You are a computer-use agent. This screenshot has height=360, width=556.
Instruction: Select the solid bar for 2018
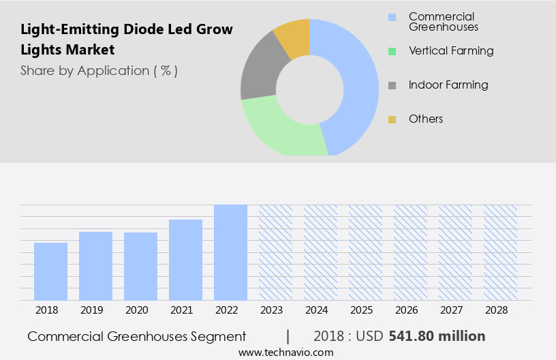click(50, 271)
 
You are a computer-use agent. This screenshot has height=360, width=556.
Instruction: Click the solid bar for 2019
click(95, 266)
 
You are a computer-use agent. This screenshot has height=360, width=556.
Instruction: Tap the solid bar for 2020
click(140, 266)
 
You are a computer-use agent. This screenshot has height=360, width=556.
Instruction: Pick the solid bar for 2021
click(185, 260)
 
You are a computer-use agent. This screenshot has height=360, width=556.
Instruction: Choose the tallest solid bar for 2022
click(230, 252)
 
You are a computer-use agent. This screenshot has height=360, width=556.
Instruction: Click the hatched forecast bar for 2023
click(275, 252)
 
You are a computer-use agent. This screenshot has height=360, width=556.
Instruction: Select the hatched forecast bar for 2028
click(500, 252)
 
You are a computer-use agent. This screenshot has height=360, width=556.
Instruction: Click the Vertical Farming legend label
click(451, 51)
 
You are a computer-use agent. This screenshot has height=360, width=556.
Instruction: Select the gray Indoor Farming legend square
click(392, 85)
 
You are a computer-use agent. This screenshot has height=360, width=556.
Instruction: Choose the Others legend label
click(426, 119)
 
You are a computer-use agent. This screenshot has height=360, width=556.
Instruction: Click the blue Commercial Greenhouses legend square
click(392, 17)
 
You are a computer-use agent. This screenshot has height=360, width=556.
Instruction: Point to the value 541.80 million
click(437, 336)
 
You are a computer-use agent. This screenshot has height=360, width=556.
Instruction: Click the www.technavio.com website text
click(285, 352)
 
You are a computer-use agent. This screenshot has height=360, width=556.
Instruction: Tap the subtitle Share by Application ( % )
click(99, 70)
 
